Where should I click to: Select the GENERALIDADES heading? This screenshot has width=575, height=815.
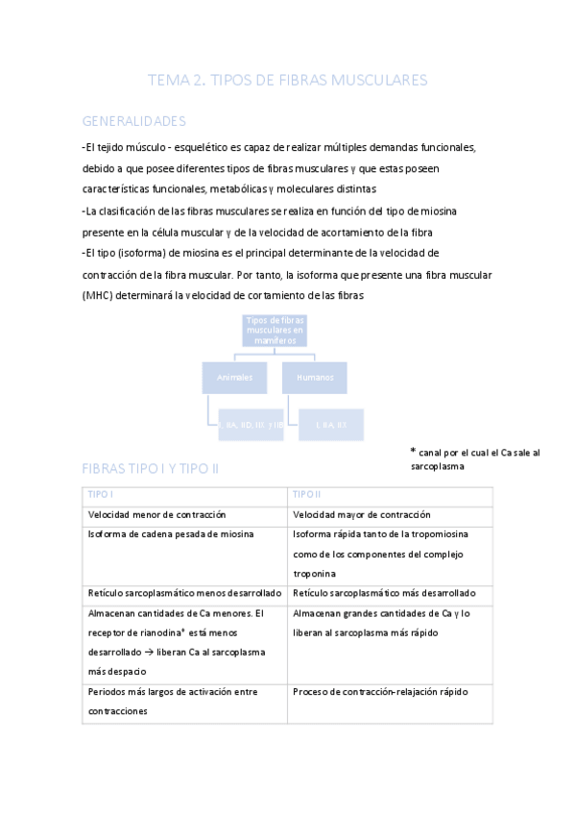coord(133,121)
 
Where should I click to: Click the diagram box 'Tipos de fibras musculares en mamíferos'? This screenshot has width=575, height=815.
coord(275,330)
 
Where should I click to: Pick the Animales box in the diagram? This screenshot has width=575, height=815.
coord(234,378)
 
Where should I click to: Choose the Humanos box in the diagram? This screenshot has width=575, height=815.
coord(314,378)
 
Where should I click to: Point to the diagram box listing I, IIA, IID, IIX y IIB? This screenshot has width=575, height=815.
coord(252,423)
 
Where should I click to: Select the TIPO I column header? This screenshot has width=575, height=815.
coord(100,494)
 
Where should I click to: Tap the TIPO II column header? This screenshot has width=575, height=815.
coord(307,494)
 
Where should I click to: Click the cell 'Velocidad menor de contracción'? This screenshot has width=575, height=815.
coord(154,515)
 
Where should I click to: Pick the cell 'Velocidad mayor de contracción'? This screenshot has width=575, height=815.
coord(362,515)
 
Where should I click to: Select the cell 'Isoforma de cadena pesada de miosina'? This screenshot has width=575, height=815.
coord(170,534)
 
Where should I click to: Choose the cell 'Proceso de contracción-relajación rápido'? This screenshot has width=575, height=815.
coord(381,692)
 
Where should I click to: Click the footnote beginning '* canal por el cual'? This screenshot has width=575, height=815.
coord(474,458)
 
